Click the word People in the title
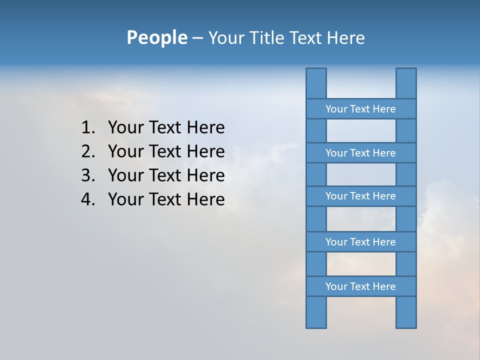point(156,37)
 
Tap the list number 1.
point(87,128)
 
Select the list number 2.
point(87,151)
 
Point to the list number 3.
point(87,175)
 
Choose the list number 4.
point(87,199)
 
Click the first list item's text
point(166,128)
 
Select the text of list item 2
point(166,151)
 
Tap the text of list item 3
point(166,175)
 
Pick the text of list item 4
point(166,199)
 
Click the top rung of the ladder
point(360,109)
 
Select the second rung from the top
point(360,153)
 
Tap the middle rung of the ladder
point(360,196)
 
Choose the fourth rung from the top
point(360,242)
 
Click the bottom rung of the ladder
point(360,286)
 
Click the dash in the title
point(197,38)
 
